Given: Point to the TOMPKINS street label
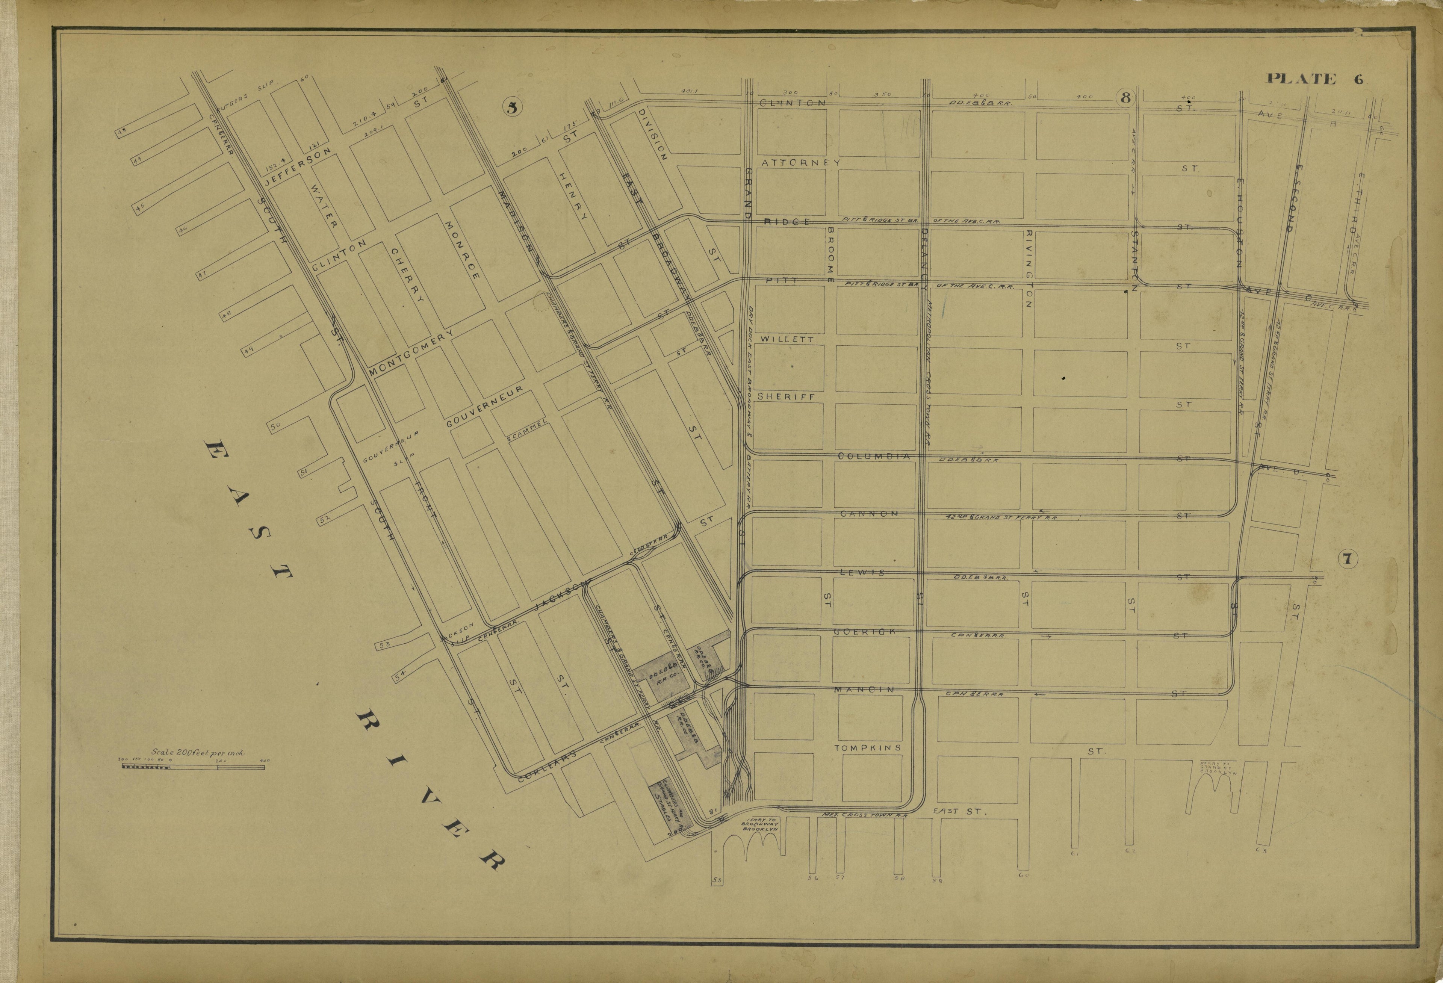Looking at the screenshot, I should (x=867, y=748).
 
